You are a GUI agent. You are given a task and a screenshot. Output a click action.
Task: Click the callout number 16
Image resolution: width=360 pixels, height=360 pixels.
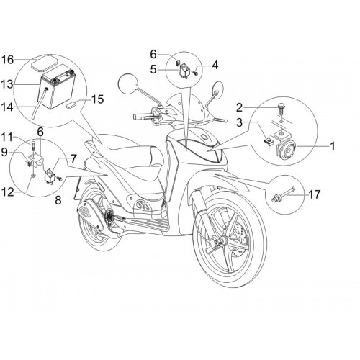coord(7,60)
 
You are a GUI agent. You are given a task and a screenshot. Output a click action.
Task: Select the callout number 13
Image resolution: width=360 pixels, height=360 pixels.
coord(7,84)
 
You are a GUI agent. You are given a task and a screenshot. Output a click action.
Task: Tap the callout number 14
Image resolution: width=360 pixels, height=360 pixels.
coord(7,107)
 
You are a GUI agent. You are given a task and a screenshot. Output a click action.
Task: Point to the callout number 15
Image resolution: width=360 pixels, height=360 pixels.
coord(97,99)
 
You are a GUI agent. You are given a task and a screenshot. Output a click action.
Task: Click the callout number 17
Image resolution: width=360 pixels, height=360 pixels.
coord(315,194)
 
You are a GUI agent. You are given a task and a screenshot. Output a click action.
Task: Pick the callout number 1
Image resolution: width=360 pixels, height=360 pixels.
coord(333,146)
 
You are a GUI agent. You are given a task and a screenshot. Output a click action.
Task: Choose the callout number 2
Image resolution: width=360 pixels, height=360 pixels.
coord(239,108)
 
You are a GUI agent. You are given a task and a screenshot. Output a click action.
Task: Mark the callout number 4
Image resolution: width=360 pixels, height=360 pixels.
coord(215,65)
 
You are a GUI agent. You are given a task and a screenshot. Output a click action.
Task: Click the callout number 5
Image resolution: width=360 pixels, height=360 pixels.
coord(153,69)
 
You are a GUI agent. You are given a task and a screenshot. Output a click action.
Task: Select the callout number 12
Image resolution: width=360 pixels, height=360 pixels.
coord(7,192)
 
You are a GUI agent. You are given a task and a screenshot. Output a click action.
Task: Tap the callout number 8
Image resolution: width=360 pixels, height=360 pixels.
coord(58,199)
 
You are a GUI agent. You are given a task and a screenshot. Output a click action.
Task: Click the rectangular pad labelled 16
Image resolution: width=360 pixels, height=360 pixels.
coord(45,63)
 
